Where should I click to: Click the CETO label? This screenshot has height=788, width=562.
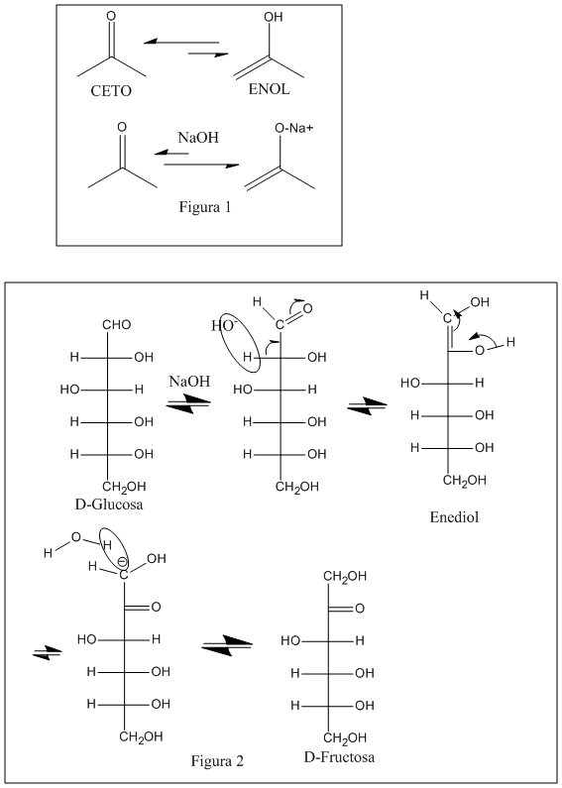[111, 90]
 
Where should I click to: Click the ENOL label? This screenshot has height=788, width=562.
[269, 89]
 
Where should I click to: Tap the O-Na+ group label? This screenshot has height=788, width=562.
[294, 128]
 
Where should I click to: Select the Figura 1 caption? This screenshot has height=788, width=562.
[205, 206]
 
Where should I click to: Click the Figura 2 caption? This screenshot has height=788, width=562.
[217, 761]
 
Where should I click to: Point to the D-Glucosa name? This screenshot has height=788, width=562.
[109, 504]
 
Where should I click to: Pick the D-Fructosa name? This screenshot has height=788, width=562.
[339, 756]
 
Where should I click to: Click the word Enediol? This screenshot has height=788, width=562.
[454, 517]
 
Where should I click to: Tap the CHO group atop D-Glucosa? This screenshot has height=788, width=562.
[117, 325]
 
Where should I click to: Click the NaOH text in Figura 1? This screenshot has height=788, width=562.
[198, 137]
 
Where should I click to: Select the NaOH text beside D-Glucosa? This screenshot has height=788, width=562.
[189, 381]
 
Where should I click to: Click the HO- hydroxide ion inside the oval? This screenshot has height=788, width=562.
[223, 326]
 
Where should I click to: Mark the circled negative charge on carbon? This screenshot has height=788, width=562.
[122, 561]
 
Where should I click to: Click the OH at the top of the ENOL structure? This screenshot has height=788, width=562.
[274, 17]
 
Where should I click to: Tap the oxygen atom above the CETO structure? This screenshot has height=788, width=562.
[111, 16]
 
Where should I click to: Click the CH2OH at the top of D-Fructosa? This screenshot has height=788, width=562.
[345, 577]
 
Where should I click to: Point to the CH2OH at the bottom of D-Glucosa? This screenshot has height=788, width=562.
[124, 487]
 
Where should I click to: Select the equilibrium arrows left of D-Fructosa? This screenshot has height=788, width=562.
[227, 646]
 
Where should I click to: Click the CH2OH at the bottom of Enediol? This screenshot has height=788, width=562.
[465, 481]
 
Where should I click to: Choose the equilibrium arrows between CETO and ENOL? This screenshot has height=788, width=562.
[186, 49]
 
